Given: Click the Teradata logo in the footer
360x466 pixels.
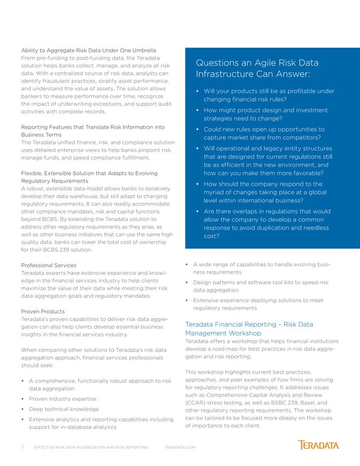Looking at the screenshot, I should pyautogui.click(x=319, y=445).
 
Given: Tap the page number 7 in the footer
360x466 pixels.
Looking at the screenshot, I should pyautogui.click(x=23, y=447).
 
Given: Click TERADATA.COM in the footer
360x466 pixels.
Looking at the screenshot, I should pyautogui.click(x=179, y=447).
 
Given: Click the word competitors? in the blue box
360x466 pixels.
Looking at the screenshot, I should pyautogui.click(x=301, y=138).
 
